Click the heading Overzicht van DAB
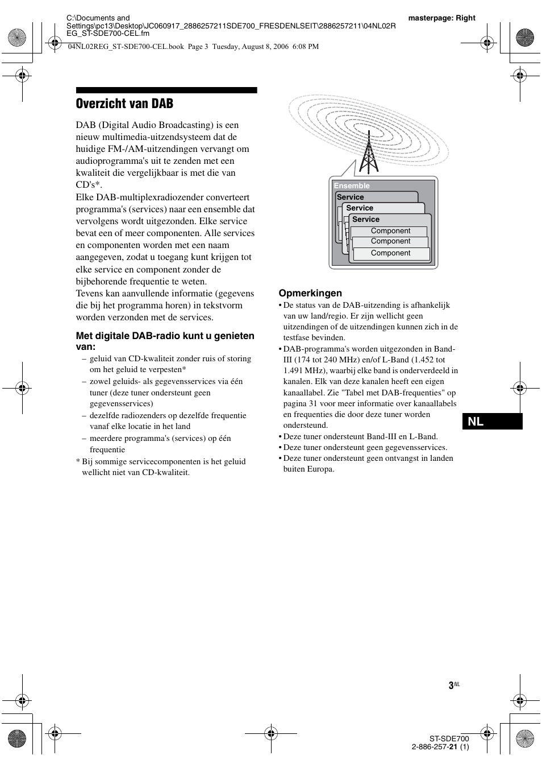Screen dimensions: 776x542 tap(124, 104)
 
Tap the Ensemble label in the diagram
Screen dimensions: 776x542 tap(352, 186)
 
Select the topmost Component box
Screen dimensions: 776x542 tap(390, 231)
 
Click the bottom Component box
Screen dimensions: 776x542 tap(390, 253)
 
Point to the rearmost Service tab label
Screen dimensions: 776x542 tap(350, 197)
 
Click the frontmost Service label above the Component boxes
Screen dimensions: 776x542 tap(365, 220)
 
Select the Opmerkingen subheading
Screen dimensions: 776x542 tap(310, 293)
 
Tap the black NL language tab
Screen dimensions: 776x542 tap(492, 422)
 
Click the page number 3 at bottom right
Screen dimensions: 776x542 tap(451, 686)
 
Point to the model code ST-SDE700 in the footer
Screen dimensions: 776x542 tap(449, 738)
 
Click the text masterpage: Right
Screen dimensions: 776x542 tap(441, 18)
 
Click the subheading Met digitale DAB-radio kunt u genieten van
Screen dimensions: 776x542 tap(165, 341)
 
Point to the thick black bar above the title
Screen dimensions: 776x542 tap(166, 90)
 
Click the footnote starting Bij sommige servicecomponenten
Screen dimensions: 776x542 tap(163, 467)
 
